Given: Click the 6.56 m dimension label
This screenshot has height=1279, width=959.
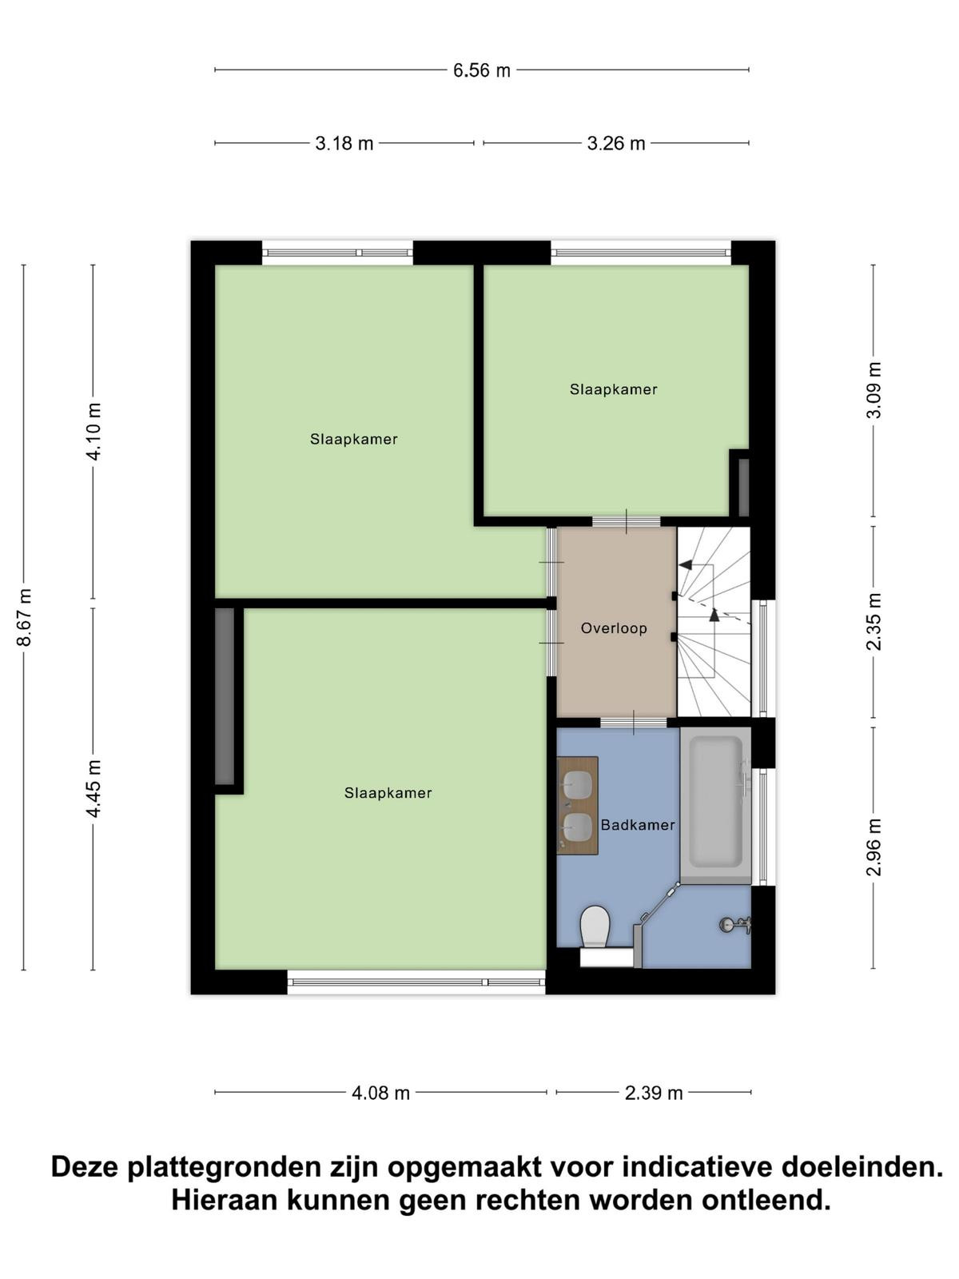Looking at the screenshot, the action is (x=482, y=70).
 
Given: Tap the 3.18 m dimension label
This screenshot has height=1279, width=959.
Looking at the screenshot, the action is (x=344, y=143).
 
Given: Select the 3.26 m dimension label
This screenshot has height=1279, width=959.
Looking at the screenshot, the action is (x=616, y=143).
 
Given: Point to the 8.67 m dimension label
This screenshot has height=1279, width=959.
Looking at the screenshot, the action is (x=25, y=617).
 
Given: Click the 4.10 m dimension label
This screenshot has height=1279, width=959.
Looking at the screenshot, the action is (x=94, y=432).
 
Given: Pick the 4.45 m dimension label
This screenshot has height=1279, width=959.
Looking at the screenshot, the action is (x=94, y=788).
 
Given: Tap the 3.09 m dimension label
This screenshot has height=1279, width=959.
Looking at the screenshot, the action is (x=874, y=390).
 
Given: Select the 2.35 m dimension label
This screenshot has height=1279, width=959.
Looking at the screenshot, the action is (x=874, y=622).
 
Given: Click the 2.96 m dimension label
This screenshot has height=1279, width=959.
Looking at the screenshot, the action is (x=874, y=847).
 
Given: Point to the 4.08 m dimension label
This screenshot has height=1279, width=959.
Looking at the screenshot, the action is (x=381, y=1093).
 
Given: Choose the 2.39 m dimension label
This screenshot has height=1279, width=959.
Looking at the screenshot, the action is (x=654, y=1093).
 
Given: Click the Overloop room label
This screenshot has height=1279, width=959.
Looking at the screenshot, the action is (x=614, y=628).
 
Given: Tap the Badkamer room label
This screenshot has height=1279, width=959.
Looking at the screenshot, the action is (x=638, y=824).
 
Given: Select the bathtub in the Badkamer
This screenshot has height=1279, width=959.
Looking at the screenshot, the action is (x=715, y=805).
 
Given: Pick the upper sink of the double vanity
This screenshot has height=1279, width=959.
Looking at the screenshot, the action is (x=578, y=785).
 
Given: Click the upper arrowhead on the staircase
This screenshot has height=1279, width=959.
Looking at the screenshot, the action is (x=686, y=564).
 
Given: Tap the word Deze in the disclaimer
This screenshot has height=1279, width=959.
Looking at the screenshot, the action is (x=86, y=1167).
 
